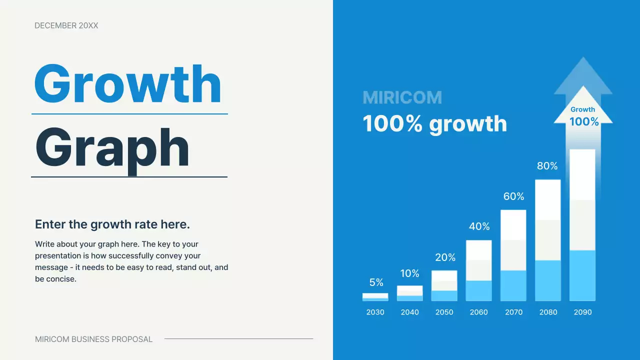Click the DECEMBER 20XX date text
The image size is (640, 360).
click(x=66, y=25)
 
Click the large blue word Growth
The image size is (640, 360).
click(x=127, y=83)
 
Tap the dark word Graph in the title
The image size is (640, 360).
click(x=112, y=151)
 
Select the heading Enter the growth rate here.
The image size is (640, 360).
click(x=112, y=224)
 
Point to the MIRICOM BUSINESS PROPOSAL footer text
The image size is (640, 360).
click(x=93, y=339)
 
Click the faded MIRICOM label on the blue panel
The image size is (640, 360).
click(x=402, y=97)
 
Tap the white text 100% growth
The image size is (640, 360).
click(x=435, y=123)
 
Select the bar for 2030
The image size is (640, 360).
click(x=375, y=297)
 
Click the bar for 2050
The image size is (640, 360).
click(x=444, y=285)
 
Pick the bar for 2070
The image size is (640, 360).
click(x=513, y=255)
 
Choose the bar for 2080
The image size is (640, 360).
click(x=548, y=240)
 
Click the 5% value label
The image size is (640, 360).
click(x=376, y=282)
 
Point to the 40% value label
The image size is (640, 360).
click(x=479, y=226)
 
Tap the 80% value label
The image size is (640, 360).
click(x=547, y=166)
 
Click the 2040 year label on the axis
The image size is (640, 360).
click(x=409, y=312)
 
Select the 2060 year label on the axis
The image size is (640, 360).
click(x=479, y=312)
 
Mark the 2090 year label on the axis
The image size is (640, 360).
click(x=583, y=312)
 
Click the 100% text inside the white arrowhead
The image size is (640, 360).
click(x=584, y=121)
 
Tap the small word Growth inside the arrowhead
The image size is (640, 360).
click(x=583, y=109)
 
